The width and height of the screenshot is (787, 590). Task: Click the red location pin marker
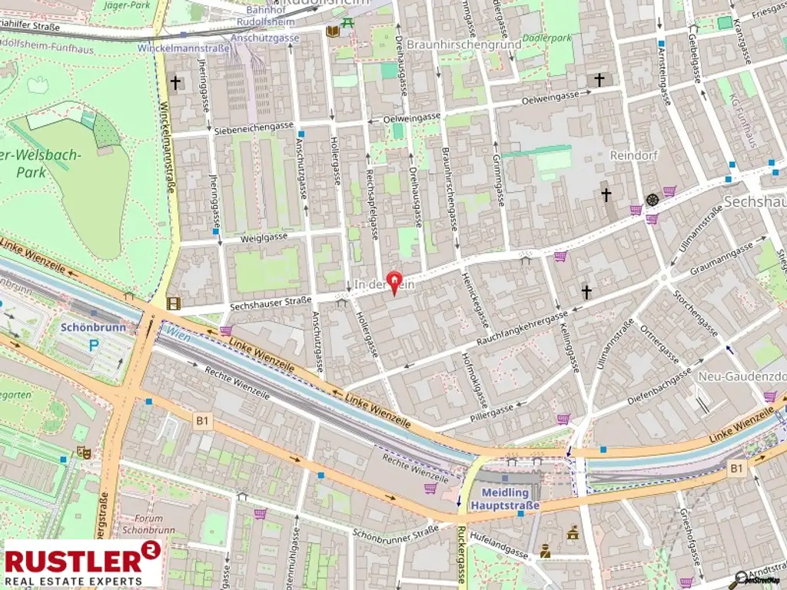[x=396, y=282]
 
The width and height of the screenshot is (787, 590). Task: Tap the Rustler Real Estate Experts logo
[x=82, y=563]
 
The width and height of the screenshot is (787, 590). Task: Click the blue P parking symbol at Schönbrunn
[x=93, y=346]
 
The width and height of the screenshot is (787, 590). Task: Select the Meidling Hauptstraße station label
[x=510, y=499]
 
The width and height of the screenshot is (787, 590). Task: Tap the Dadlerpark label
[x=547, y=38]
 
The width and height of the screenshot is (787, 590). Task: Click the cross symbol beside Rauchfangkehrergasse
[x=587, y=292]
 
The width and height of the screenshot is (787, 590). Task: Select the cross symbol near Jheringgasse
[x=176, y=82]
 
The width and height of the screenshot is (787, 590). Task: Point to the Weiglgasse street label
[x=264, y=237]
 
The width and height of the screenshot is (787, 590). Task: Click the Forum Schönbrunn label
[x=144, y=524]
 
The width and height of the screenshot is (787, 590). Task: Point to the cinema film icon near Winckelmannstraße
[x=173, y=303]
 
